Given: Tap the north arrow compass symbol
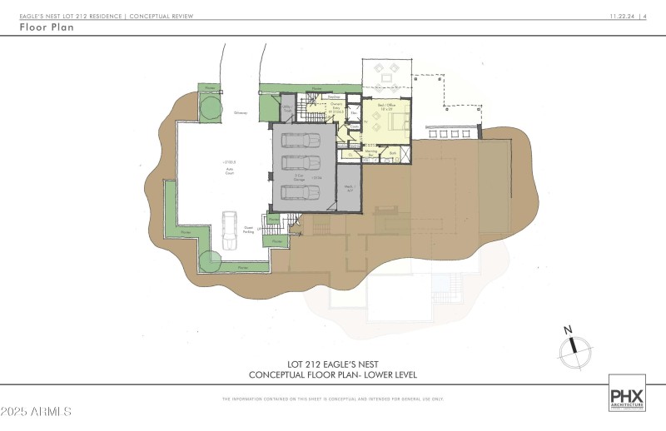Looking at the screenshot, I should (x=574, y=349).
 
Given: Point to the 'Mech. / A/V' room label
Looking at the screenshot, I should (x=350, y=188).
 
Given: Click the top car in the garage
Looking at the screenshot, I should (x=300, y=140).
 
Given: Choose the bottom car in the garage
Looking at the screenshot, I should (x=300, y=192).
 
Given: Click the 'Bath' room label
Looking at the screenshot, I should (x=391, y=153).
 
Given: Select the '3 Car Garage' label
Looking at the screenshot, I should (x=293, y=176).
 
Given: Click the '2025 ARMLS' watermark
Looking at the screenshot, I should (x=37, y=412).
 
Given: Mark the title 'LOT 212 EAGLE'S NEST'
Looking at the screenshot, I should (x=332, y=364).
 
